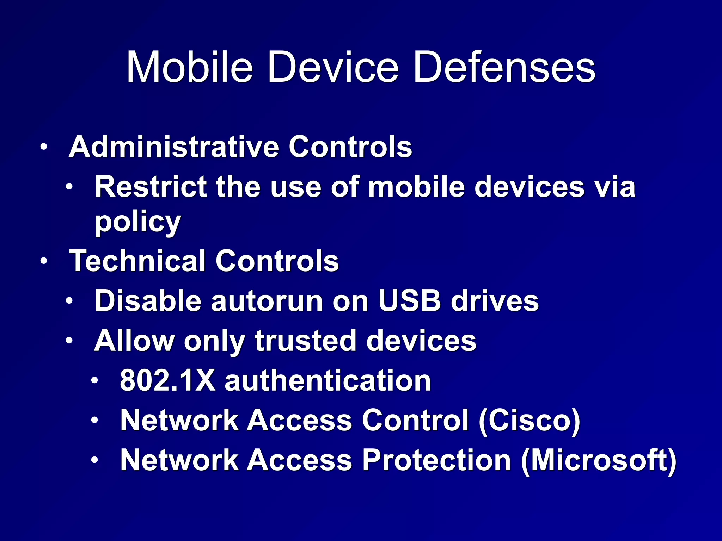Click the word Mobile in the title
pyautogui.click(x=190, y=67)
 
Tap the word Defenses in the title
pyautogui.click(x=504, y=67)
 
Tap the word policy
pyautogui.click(x=138, y=223)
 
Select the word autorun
pyautogui.click(x=267, y=301)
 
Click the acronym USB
pyautogui.click(x=409, y=301)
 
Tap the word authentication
pyautogui.click(x=328, y=381)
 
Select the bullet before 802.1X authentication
pyautogui.click(x=94, y=381)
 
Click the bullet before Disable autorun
pyautogui.click(x=69, y=301)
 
